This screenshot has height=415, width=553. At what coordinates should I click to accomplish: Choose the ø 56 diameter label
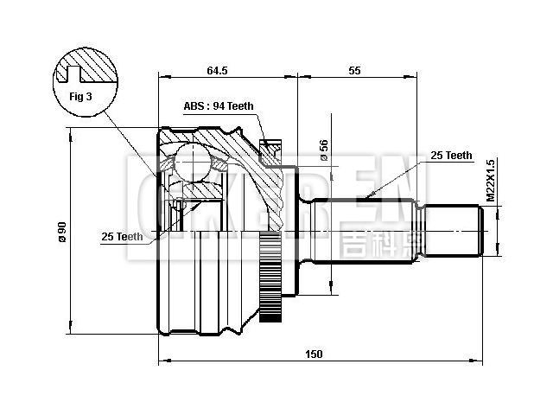point(323,150)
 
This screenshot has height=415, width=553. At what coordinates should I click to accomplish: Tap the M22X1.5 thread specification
point(490,180)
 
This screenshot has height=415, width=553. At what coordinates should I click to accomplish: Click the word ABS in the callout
point(194,106)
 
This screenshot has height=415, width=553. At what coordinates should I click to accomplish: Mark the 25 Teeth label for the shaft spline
point(451,156)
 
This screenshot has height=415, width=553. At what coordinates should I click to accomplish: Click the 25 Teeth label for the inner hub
point(122,236)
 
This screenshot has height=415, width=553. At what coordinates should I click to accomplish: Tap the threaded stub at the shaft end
point(454,231)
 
